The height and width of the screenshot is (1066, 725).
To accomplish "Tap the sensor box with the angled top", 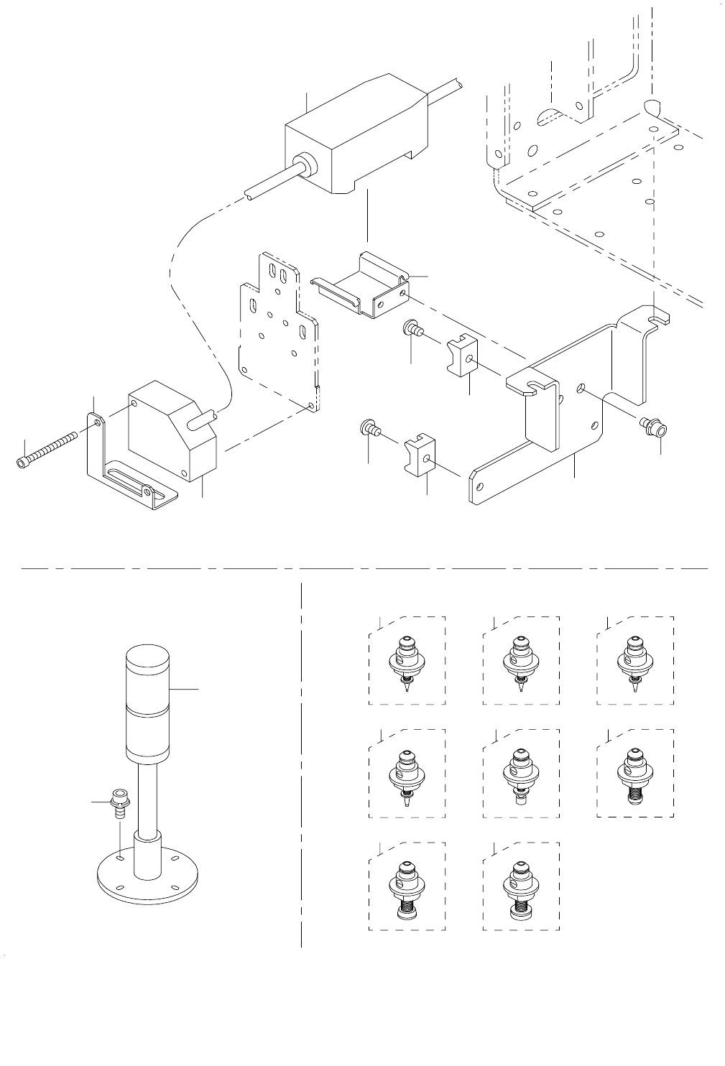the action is pyautogui.click(x=172, y=431).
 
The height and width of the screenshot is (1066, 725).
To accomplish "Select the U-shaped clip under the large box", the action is pyautogui.click(x=366, y=287).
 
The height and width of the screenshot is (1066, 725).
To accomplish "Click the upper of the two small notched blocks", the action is pyautogui.click(x=461, y=356).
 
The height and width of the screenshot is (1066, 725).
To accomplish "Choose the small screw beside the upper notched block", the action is pyautogui.click(x=412, y=329).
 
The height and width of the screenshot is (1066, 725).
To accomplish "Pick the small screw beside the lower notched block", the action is pyautogui.click(x=369, y=429).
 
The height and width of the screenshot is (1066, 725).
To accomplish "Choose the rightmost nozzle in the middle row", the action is pyautogui.click(x=634, y=775).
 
